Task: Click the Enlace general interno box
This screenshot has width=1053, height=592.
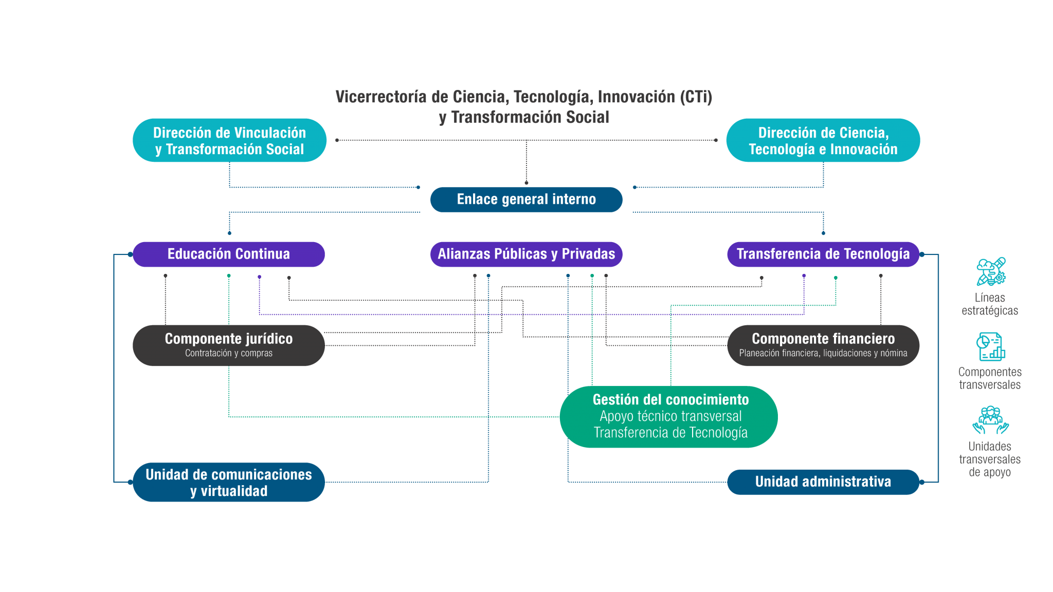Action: [x=526, y=199]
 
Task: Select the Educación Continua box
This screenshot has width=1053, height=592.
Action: [x=229, y=254]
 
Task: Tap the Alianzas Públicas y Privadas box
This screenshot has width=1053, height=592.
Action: [x=526, y=254]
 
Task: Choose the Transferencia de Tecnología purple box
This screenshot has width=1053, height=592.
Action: [x=823, y=254]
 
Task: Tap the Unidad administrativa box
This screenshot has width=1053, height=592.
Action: [x=823, y=482]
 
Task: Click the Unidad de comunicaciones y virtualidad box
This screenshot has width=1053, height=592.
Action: [x=229, y=482]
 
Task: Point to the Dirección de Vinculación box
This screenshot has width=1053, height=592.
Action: [x=229, y=140]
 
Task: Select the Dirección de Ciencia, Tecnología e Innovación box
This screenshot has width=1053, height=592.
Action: [x=823, y=140]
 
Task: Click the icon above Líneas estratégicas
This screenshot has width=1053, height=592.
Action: [x=990, y=272]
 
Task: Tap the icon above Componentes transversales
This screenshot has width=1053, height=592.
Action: [x=990, y=346]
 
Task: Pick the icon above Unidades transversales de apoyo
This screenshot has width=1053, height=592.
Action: [x=990, y=420]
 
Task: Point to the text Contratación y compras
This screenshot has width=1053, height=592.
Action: [x=229, y=354]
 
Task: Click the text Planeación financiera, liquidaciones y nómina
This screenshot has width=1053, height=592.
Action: [x=823, y=354]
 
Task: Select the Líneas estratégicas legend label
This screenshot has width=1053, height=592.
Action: [x=990, y=304]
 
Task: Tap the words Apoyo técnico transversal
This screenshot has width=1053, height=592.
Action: [x=670, y=416]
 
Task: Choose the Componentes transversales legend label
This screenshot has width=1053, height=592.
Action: [x=990, y=378]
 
